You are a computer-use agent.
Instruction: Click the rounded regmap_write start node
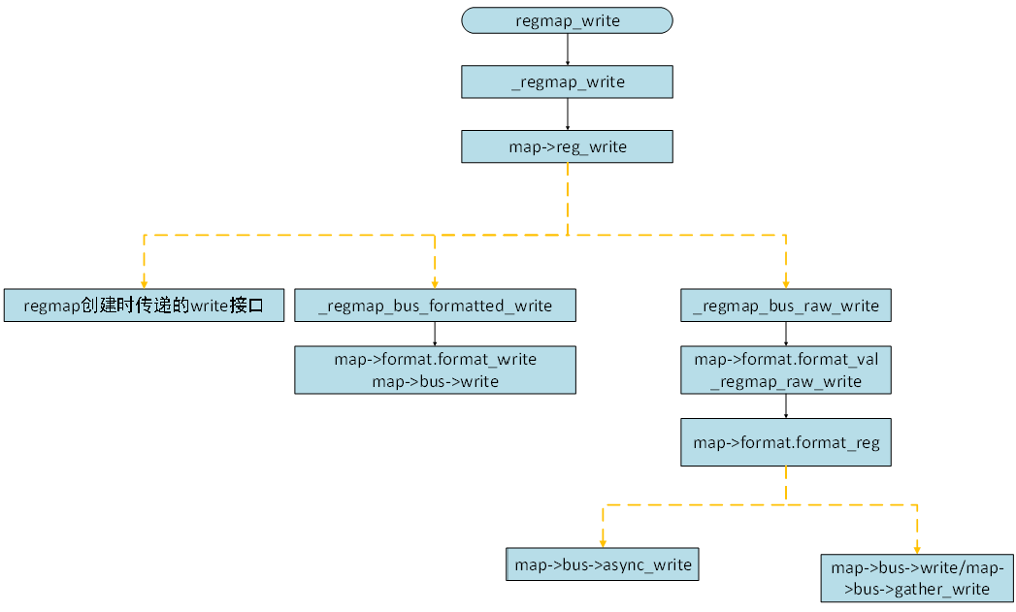[567, 20]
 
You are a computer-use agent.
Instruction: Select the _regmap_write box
[567, 82]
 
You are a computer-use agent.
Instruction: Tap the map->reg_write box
[567, 146]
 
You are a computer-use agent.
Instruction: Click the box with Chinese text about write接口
[144, 306]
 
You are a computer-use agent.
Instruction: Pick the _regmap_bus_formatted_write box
[435, 306]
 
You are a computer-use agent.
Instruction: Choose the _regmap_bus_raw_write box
[786, 306]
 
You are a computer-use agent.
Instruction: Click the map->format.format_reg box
[786, 442]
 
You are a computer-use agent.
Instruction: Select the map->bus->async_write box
[603, 564]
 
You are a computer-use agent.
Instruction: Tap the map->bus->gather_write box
[917, 578]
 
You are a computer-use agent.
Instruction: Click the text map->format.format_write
[435, 359]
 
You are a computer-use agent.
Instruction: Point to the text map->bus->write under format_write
[435, 381]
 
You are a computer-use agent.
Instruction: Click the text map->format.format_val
[786, 359]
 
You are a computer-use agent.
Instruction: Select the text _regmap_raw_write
[786, 381]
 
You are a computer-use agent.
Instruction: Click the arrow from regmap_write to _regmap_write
[568, 50]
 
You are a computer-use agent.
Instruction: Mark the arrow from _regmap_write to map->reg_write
[568, 114]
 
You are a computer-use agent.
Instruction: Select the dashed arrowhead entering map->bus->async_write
[603, 544]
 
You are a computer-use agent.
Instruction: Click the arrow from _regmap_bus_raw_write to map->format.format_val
[786, 334]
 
